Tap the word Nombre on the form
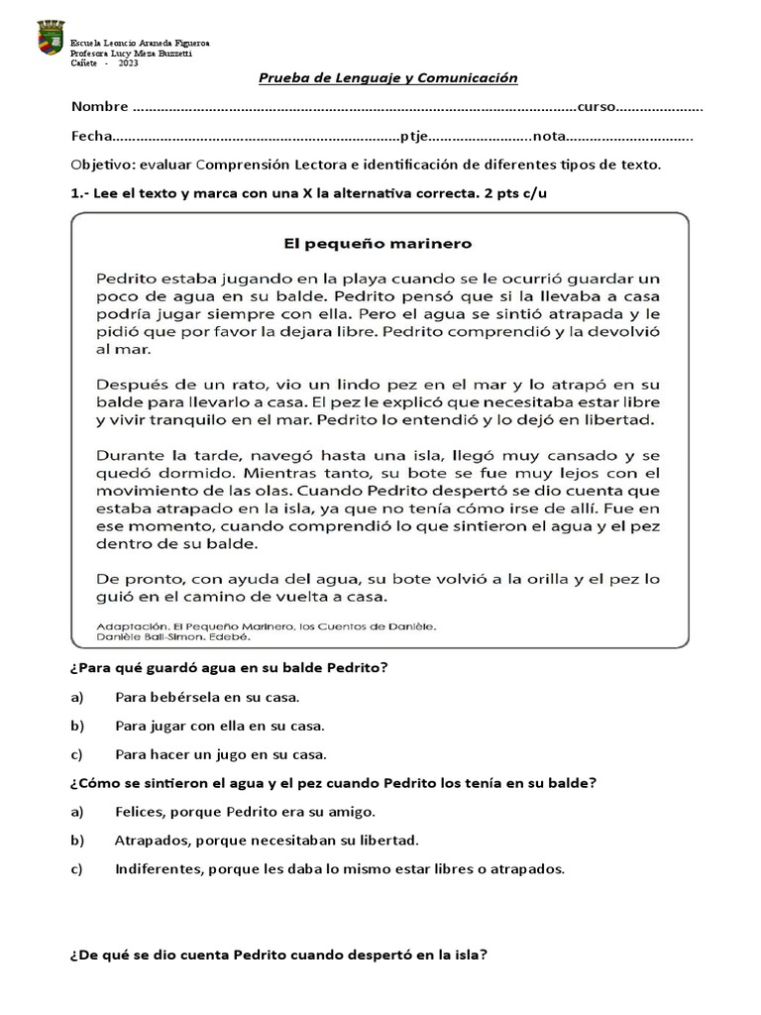click(99, 107)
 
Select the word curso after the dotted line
click(598, 107)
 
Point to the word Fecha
click(91, 137)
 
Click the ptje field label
click(414, 137)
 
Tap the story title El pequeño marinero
click(380, 241)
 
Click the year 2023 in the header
click(128, 63)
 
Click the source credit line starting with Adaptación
click(268, 625)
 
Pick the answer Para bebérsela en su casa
click(206, 698)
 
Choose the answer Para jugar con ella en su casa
click(220, 726)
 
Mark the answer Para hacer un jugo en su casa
click(220, 753)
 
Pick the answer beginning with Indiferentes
click(339, 869)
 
